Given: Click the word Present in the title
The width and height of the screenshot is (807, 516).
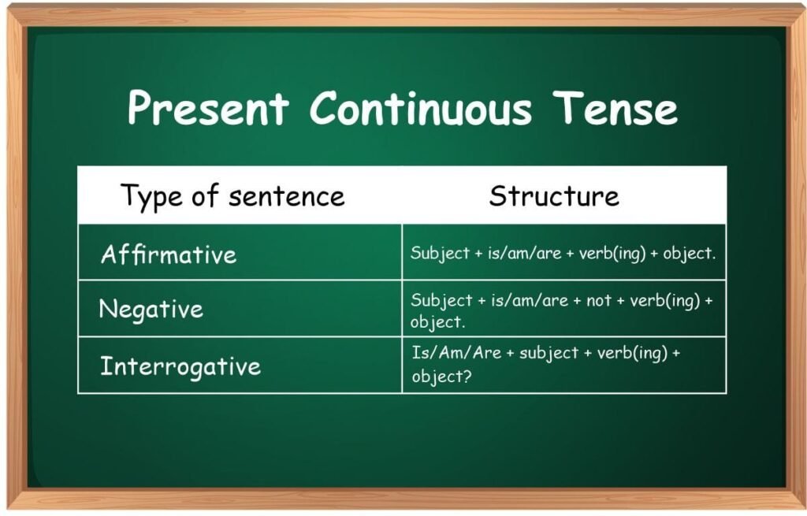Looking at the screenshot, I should click(x=207, y=107).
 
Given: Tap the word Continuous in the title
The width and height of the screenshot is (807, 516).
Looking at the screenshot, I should click(x=420, y=107).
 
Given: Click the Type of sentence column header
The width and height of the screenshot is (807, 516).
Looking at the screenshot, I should click(x=232, y=195).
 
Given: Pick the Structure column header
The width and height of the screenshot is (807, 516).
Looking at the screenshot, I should click(x=554, y=195).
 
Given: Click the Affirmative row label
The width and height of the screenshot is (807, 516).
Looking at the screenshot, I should click(x=169, y=254).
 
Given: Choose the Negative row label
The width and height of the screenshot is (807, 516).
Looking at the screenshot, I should click(x=151, y=309).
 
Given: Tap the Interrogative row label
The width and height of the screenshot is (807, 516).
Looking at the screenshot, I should click(x=180, y=366).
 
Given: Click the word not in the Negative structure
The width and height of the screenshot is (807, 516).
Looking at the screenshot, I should click(x=599, y=300).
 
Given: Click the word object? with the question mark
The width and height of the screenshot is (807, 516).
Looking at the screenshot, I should click(x=441, y=377).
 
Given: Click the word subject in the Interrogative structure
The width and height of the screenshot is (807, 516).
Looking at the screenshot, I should click(x=549, y=352).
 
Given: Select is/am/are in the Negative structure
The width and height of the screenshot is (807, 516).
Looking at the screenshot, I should click(x=526, y=300).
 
